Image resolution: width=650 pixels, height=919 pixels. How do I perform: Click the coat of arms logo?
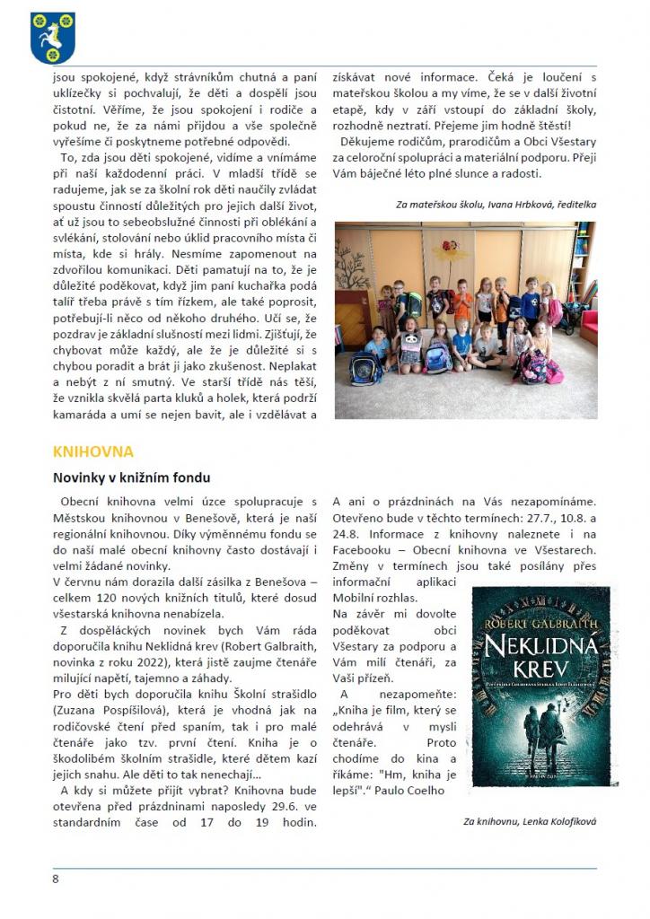(x=53, y=38)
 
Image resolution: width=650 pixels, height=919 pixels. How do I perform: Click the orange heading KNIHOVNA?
(x=92, y=451)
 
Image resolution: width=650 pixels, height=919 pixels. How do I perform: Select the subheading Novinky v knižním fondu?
(x=131, y=477)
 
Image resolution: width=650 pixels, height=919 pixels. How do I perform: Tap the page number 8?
(x=56, y=879)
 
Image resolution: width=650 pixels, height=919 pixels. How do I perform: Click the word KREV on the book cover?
(x=540, y=673)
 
